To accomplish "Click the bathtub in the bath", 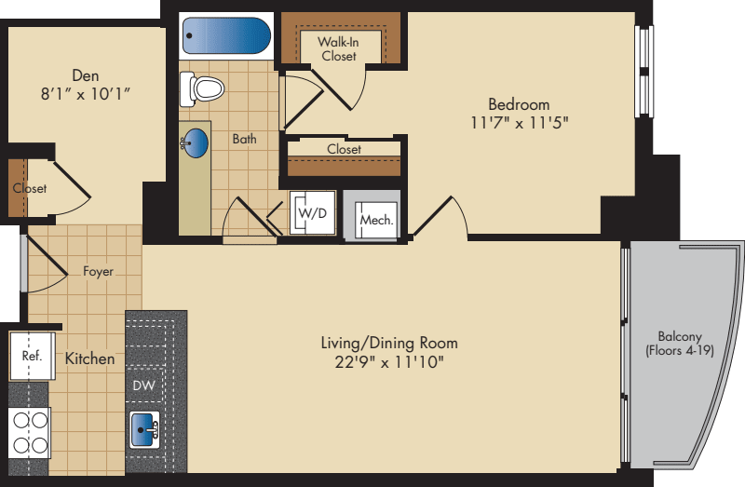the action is (226, 35).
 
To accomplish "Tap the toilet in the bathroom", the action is (202, 88).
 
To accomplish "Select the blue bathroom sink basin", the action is (196, 142).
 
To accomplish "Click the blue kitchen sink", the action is (144, 429).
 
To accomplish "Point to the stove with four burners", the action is (30, 433).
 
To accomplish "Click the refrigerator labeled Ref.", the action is (33, 356).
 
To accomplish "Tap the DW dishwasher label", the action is (143, 386).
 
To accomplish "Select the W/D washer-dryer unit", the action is (313, 212).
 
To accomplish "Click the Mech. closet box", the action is (376, 220).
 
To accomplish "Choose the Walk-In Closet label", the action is (338, 49).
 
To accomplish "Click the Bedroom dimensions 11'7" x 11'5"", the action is (520, 123).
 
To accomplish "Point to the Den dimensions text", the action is (86, 94).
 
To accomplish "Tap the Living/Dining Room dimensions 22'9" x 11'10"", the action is (389, 362).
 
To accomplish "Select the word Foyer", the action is (99, 271).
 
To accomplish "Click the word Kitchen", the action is (89, 358).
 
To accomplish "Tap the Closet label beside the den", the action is (30, 188).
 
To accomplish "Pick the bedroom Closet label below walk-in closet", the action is (344, 149).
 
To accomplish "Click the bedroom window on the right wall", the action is (643, 71).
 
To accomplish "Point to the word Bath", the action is (244, 139).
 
